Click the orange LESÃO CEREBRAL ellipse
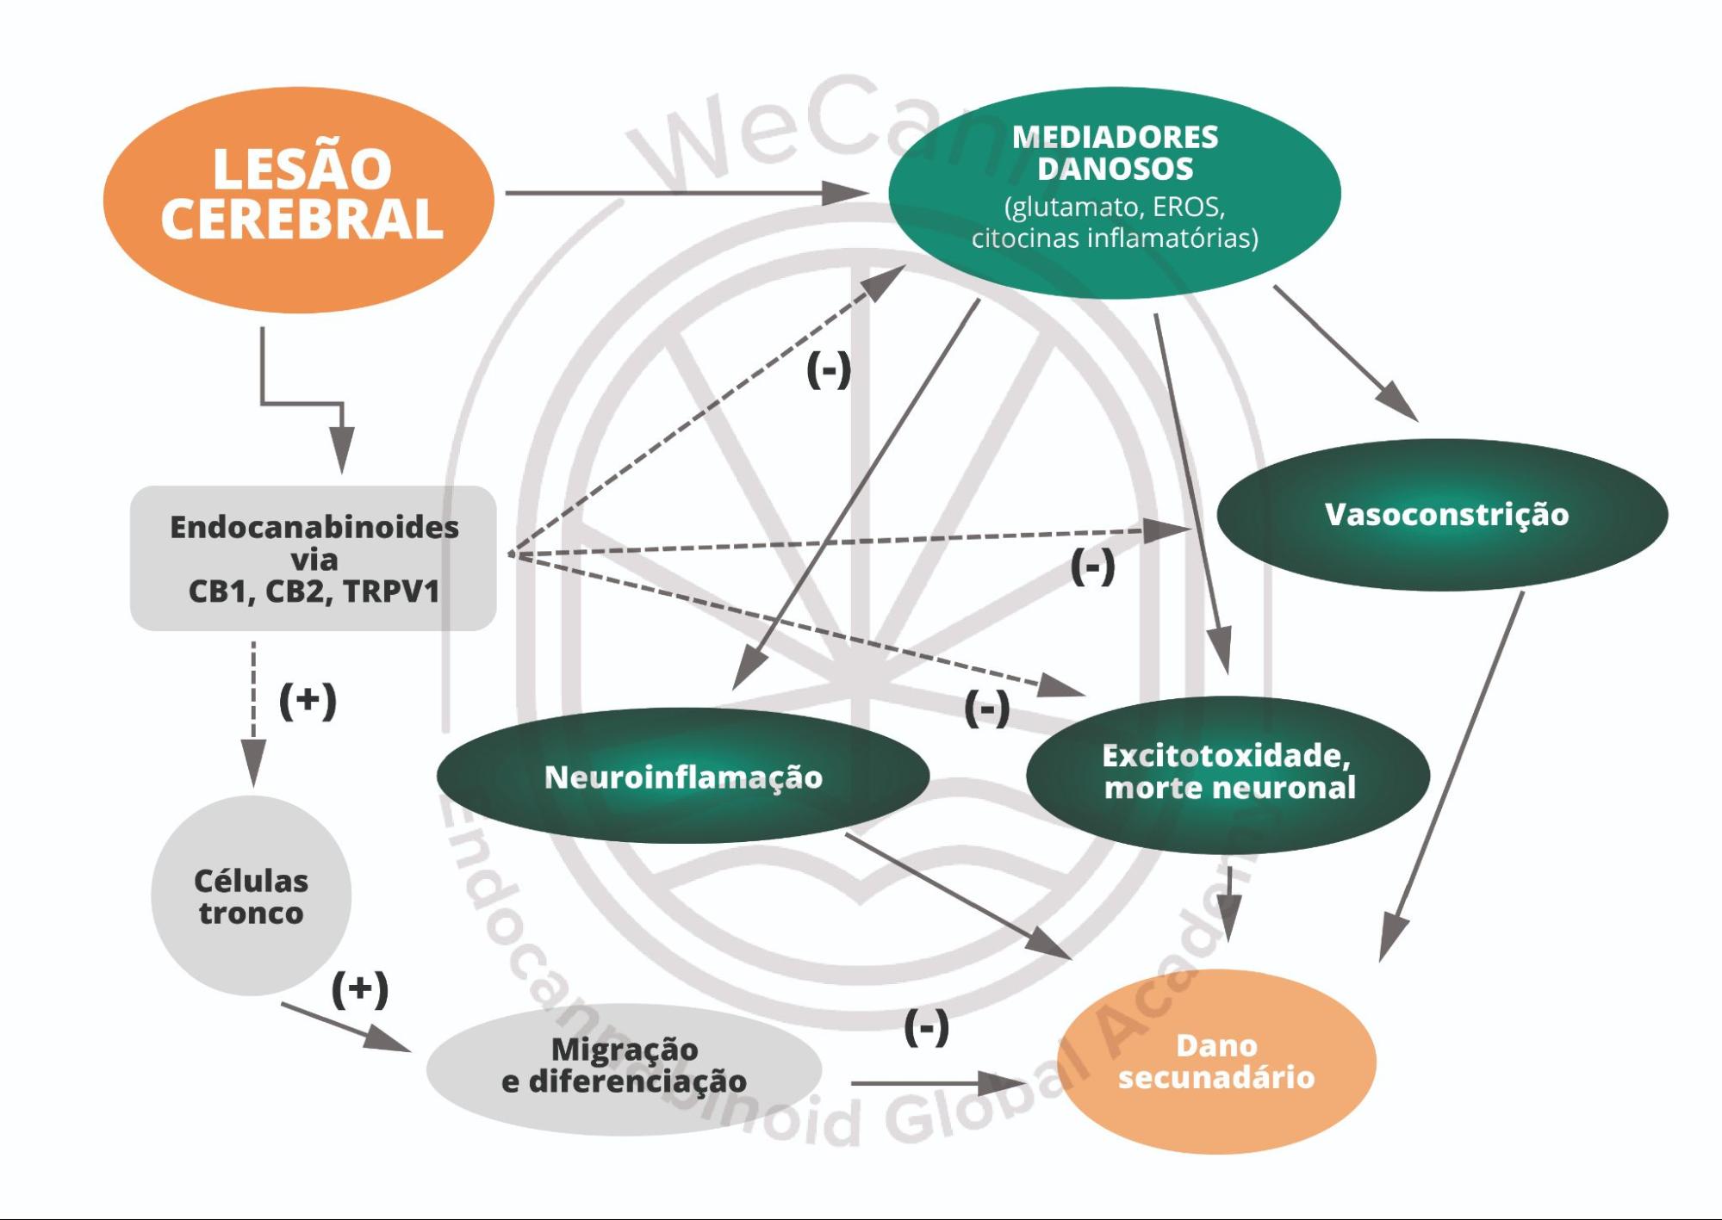(x=298, y=199)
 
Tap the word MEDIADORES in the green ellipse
(x=1114, y=137)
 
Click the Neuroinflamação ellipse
(x=682, y=777)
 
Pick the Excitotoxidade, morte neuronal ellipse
(x=1228, y=772)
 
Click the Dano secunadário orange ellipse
(x=1215, y=1061)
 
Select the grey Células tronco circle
(x=251, y=896)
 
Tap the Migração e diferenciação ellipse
(x=624, y=1065)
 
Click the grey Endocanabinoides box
(x=313, y=558)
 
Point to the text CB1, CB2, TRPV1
(x=314, y=592)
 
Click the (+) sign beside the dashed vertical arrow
(x=308, y=700)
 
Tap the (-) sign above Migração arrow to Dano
(x=926, y=1026)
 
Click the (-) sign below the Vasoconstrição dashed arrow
(x=1091, y=567)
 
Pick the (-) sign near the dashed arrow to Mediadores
(x=828, y=370)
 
